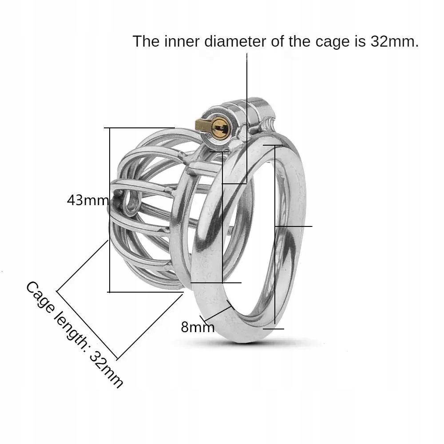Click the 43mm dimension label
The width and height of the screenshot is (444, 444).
87,200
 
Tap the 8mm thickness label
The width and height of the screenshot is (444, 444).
198,328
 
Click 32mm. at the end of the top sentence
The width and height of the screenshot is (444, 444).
394,42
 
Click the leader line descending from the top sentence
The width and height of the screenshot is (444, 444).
247,111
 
